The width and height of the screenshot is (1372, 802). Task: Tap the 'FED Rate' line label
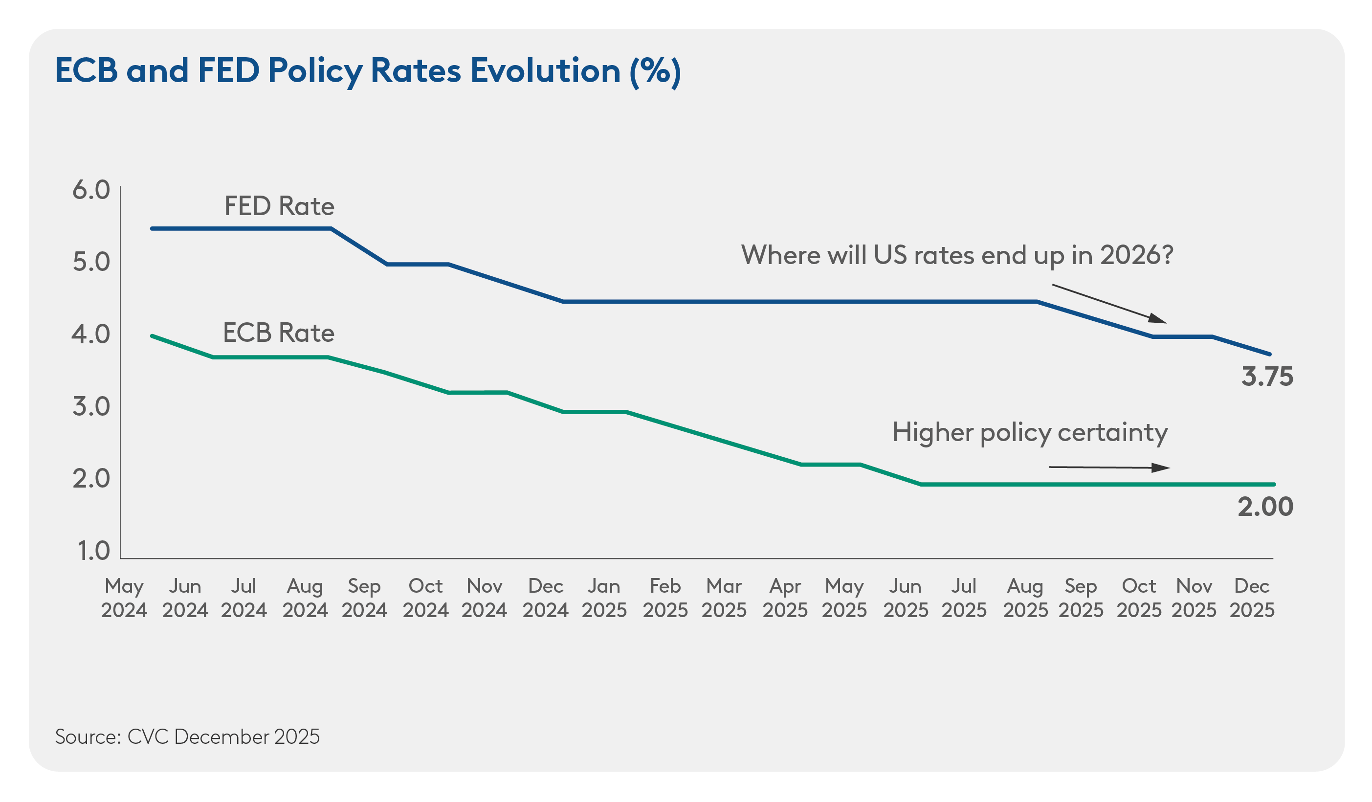tap(279, 206)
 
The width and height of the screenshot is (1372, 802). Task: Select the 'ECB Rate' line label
tap(278, 333)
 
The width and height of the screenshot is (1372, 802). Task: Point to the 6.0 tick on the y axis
tap(91, 190)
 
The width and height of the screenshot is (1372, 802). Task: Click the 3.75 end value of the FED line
tap(1266, 377)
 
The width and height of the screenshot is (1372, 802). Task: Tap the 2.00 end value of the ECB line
tap(1265, 507)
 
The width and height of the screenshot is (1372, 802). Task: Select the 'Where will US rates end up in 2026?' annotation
tap(956, 255)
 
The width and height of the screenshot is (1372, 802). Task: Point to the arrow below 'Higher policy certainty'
tap(1109, 467)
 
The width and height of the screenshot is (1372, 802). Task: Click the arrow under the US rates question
tap(1109, 303)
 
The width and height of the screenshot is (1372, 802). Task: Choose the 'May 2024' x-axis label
tap(124, 598)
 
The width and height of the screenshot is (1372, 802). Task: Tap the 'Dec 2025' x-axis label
tap(1252, 598)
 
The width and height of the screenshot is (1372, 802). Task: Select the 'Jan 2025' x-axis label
tap(604, 598)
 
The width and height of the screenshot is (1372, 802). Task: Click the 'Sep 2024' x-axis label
tap(364, 598)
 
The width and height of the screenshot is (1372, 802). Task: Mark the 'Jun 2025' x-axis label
tap(906, 598)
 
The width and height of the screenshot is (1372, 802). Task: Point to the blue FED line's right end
tap(1270, 354)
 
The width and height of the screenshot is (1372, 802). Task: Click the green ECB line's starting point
tap(153, 336)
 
